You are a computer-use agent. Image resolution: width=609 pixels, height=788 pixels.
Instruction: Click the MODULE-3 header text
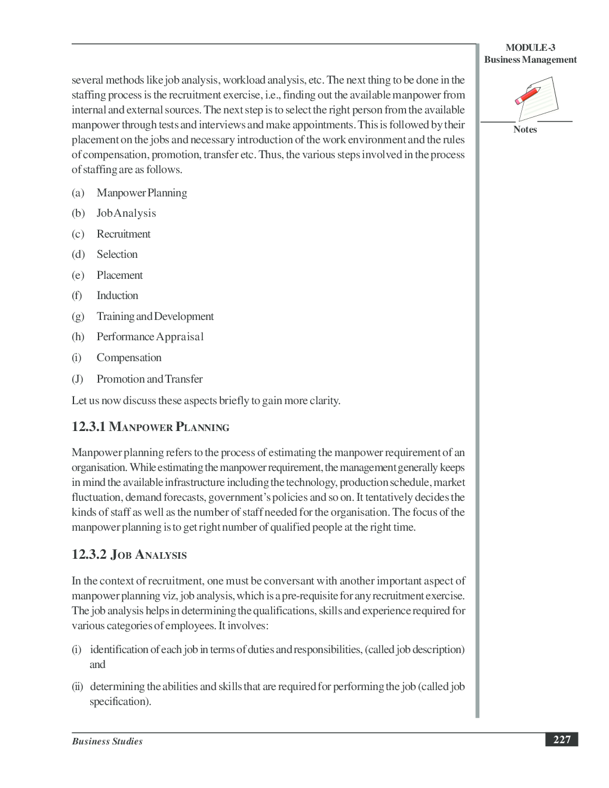530,48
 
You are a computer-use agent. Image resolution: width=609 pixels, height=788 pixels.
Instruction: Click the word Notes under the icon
525,130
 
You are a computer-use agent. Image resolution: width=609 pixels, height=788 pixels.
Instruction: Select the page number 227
561,740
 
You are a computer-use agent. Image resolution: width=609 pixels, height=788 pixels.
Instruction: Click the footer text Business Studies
107,741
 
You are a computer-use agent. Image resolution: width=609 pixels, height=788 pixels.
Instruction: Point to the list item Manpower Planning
142,193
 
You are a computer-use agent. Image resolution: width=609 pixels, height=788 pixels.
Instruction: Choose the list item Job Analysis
126,213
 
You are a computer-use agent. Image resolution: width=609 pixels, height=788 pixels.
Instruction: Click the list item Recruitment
124,234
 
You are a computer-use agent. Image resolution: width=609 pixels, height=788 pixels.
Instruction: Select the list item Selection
117,254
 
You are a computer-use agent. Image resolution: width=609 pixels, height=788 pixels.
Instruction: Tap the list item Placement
119,275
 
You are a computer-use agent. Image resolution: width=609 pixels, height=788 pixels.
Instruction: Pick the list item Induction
117,295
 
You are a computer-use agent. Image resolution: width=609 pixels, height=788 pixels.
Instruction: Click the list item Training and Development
155,316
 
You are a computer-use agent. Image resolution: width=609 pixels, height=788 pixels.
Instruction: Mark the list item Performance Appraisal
150,337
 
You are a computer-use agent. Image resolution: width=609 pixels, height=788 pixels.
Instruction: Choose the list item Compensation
129,358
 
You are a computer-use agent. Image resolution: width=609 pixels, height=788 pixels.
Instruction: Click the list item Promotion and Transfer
149,379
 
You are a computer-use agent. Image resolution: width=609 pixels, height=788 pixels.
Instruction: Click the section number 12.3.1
88,427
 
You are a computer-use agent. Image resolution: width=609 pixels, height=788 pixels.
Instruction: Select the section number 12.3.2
89,555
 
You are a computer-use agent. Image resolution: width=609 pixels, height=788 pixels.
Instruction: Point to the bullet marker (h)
78,337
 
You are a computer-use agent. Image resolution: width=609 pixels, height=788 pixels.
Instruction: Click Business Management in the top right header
530,60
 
